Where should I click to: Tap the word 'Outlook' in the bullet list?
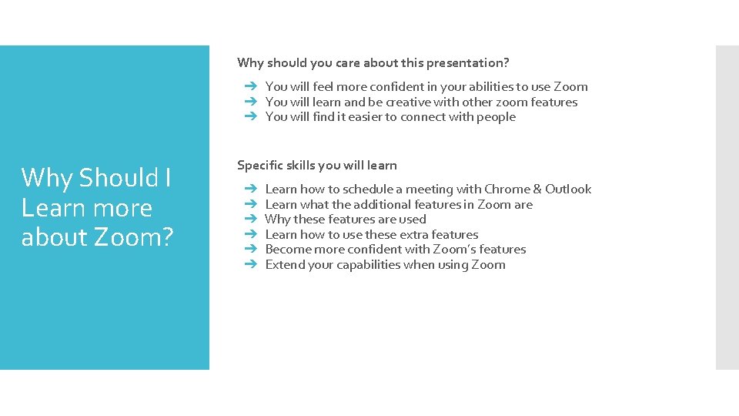pyautogui.click(x=568, y=189)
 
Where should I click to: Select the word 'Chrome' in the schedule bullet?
pyautogui.click(x=507, y=189)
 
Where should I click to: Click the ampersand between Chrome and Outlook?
pyautogui.click(x=537, y=189)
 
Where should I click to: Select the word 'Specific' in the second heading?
pyautogui.click(x=261, y=165)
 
